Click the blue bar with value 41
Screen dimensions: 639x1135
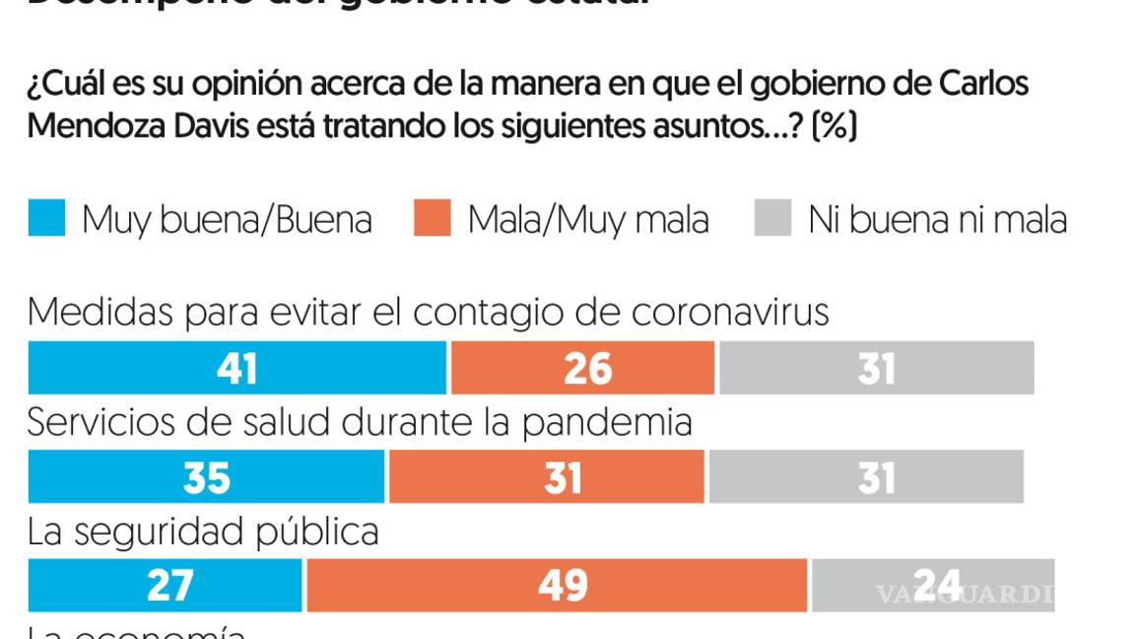point(236,368)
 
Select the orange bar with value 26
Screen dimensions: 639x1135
point(582,368)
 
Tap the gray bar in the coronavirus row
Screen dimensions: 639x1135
point(876,368)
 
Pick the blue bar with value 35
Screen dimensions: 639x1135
point(206,477)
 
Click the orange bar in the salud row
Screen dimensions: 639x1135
point(547,477)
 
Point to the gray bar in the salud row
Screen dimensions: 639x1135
point(866,477)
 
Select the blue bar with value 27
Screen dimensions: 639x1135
point(165,586)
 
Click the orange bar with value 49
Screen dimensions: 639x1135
point(557,586)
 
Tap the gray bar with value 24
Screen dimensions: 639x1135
point(932,586)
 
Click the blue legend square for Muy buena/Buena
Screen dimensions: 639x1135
point(46,218)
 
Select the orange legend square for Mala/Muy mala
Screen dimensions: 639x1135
point(433,218)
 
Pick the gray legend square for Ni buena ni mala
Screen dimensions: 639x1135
point(772,218)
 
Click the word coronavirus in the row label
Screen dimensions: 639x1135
point(730,313)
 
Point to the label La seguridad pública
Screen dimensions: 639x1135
point(203,532)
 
